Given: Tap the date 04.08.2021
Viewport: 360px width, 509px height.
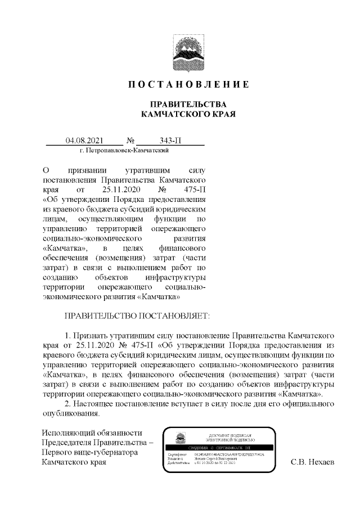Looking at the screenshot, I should [84, 141].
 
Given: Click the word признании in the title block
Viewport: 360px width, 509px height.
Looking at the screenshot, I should [85, 169].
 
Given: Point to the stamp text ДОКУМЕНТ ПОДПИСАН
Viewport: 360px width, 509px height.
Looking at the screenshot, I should [232, 436].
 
